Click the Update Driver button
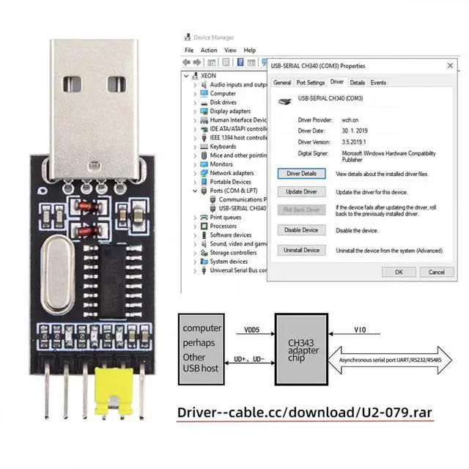(301, 192)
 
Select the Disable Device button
(301, 230)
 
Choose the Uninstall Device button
(301, 250)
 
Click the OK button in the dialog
(399, 272)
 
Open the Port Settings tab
(311, 83)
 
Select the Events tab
(378, 83)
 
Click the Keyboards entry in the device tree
(223, 147)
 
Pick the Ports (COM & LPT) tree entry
(233, 191)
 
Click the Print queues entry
(225, 217)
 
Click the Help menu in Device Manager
(250, 51)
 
